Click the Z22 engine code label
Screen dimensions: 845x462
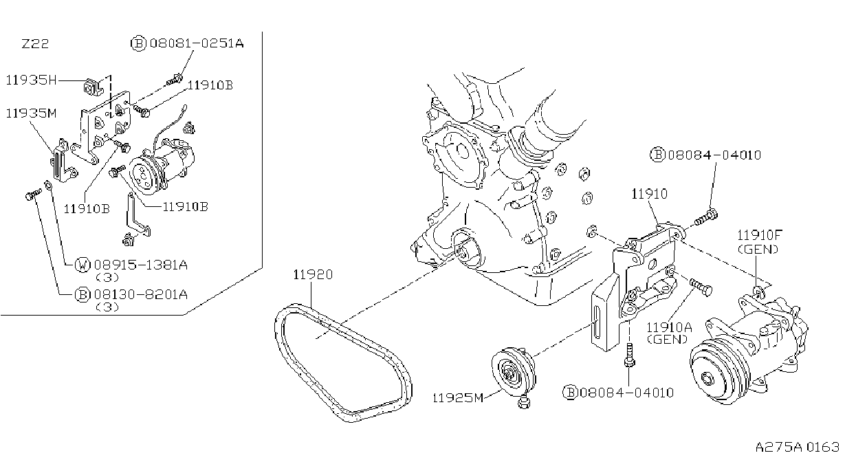35,44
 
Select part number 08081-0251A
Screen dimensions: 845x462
197,43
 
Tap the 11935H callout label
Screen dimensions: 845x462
32,80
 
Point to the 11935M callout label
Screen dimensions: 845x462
32,113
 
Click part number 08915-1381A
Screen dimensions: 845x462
140,265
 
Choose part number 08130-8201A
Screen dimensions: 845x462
140,294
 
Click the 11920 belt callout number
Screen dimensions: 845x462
313,274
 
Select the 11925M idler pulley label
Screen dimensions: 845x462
457,398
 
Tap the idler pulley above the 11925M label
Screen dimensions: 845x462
513,373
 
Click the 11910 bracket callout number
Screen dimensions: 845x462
649,194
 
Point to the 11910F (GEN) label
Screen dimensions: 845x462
759,242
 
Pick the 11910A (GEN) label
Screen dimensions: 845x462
669,333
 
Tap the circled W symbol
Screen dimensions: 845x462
83,265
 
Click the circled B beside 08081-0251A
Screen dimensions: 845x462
138,44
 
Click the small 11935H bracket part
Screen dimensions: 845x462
92,88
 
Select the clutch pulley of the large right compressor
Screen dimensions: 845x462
718,371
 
